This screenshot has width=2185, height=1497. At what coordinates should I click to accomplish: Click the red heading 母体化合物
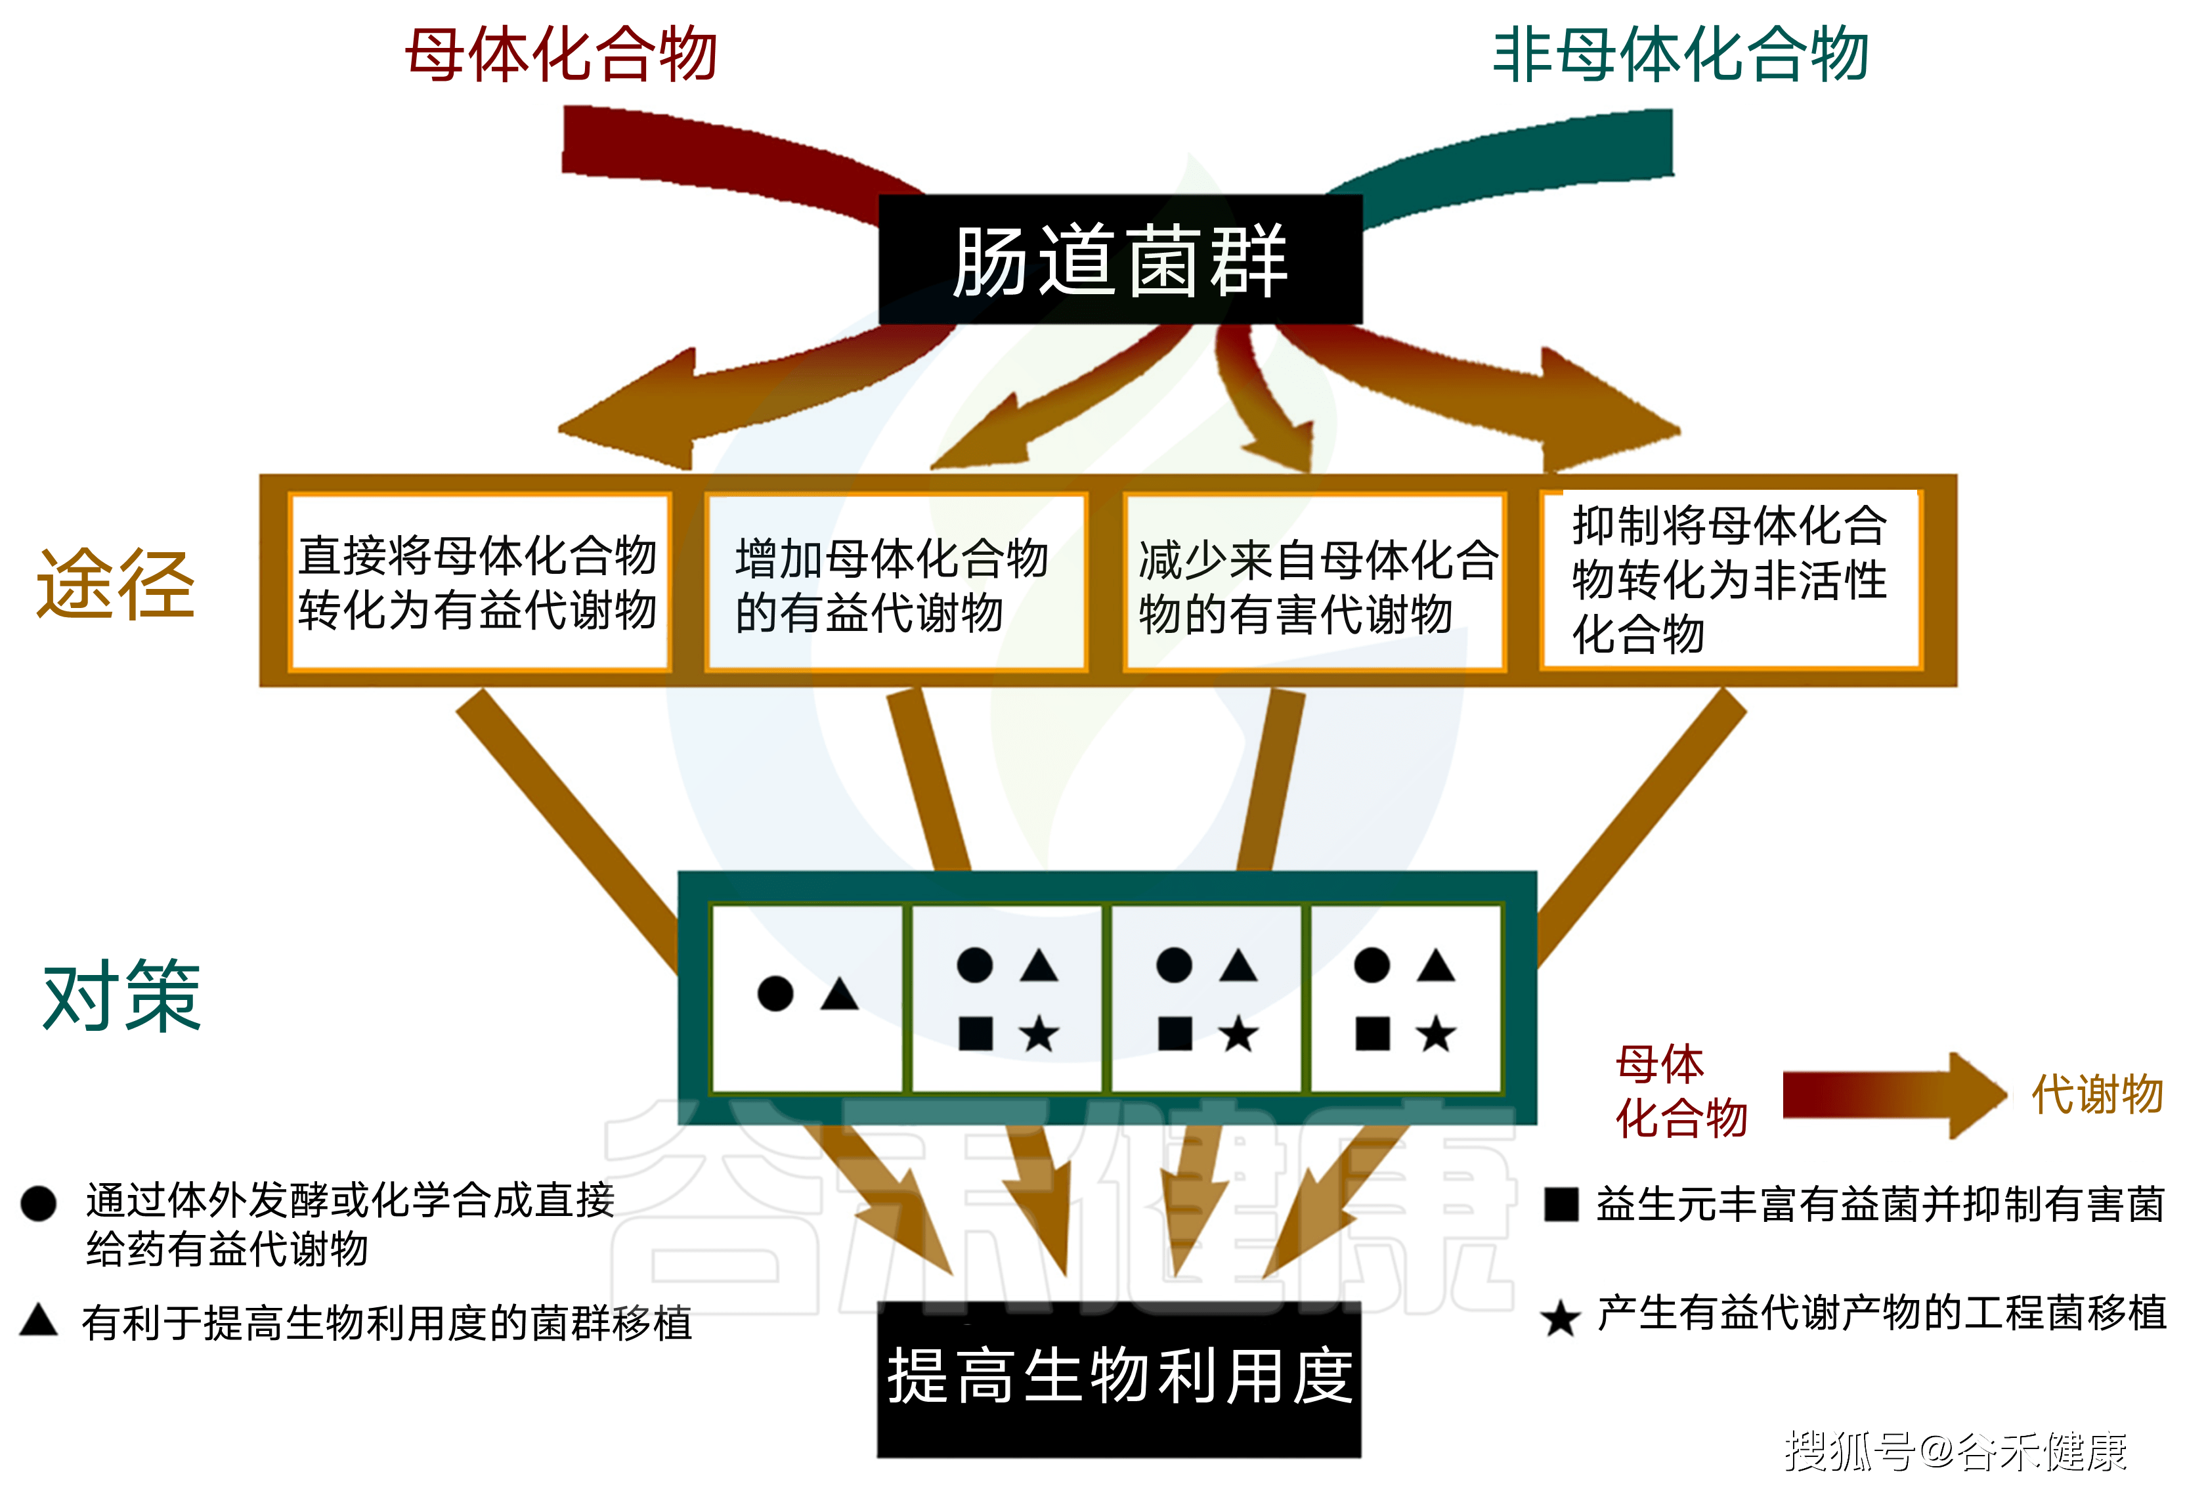(561, 54)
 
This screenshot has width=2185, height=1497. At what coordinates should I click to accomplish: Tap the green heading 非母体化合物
(1679, 54)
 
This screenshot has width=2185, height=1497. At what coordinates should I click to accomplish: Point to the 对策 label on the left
(122, 996)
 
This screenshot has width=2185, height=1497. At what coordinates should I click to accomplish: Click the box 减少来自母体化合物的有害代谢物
(1315, 584)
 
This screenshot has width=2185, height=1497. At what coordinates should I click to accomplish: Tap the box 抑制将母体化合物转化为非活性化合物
(1730, 578)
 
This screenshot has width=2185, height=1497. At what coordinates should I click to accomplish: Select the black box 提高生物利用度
(1119, 1377)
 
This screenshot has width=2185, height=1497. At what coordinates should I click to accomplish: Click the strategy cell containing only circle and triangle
(808, 997)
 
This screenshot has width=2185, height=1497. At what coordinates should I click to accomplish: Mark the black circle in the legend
(39, 1204)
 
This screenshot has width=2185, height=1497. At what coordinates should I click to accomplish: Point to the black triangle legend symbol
(39, 1320)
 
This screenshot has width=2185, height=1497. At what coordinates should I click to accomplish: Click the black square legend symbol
(1561, 1204)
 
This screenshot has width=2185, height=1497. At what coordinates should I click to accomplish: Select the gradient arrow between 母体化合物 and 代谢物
(1890, 1095)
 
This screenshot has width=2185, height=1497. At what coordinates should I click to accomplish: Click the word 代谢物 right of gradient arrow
(2096, 1095)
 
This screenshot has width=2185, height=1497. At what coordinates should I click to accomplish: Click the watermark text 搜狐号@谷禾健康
(1956, 1452)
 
